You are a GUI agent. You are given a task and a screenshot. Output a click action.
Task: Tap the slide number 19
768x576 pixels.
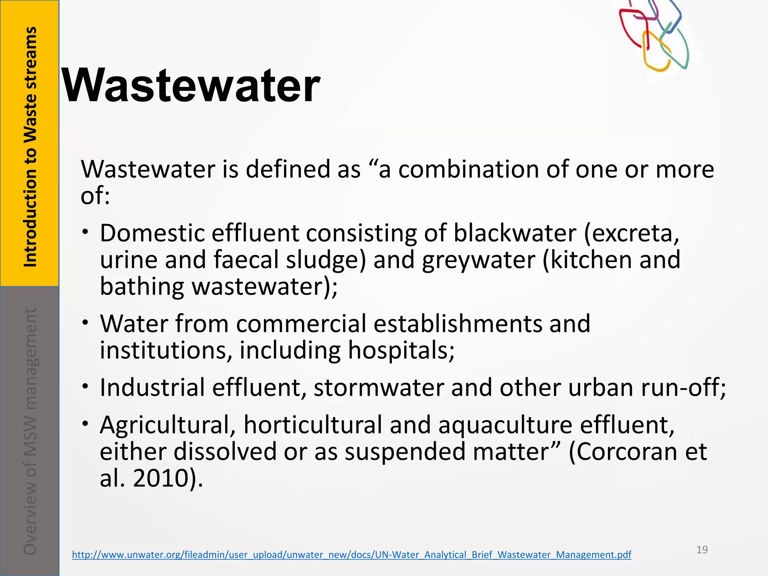pyautogui.click(x=702, y=550)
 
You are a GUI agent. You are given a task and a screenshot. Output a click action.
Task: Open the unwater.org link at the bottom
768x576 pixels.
pyautogui.click(x=351, y=555)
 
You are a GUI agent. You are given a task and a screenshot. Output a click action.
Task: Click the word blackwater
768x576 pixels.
pyautogui.click(x=515, y=233)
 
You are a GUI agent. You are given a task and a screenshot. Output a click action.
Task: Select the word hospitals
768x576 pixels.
pyautogui.click(x=401, y=350)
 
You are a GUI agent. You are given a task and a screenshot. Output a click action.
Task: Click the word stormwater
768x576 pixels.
pyautogui.click(x=379, y=387)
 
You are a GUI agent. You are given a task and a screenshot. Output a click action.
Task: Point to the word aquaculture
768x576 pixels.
pyautogui.click(x=505, y=425)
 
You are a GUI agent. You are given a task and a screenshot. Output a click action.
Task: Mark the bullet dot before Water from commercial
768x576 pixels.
pyautogui.click(x=86, y=322)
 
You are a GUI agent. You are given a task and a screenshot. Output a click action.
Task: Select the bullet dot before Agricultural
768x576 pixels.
pyautogui.click(x=86, y=423)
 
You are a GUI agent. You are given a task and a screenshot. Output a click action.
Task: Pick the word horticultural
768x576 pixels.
pyautogui.click(x=313, y=425)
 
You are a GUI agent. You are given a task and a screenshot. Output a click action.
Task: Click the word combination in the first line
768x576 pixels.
pyautogui.click(x=468, y=169)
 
